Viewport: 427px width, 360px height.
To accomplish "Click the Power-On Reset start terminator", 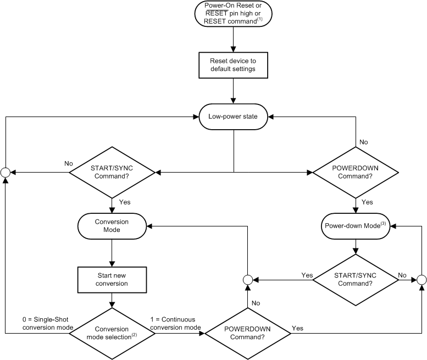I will tap(234, 14).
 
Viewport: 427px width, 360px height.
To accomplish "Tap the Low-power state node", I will tap(234, 117).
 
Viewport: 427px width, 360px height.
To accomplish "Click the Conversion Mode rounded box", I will tap(112, 226).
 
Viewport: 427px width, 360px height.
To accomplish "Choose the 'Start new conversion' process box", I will tap(112, 279).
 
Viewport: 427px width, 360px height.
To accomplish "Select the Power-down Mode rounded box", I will tap(356, 226).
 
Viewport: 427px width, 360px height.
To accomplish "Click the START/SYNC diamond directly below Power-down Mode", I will tap(356, 279).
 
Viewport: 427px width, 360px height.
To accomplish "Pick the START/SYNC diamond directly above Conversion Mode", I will tap(112, 172).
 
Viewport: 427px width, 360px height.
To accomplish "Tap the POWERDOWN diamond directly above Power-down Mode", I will tap(356, 172).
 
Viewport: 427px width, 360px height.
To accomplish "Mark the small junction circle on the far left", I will tap(5, 172).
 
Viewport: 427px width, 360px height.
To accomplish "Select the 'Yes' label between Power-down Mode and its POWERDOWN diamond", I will tap(367, 202).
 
